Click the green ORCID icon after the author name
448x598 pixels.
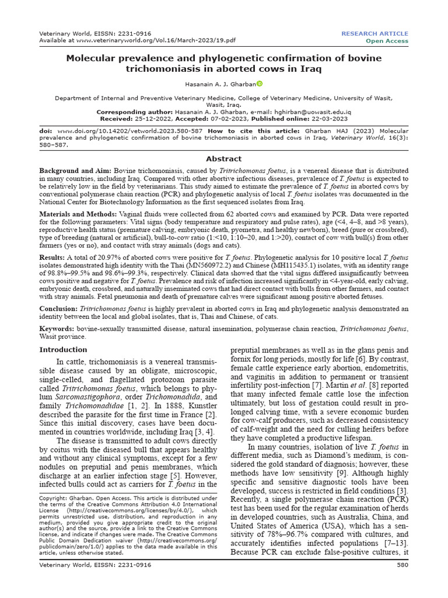260,84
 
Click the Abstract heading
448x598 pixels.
223,158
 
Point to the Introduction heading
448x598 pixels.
62,350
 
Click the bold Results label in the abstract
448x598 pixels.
52,256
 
